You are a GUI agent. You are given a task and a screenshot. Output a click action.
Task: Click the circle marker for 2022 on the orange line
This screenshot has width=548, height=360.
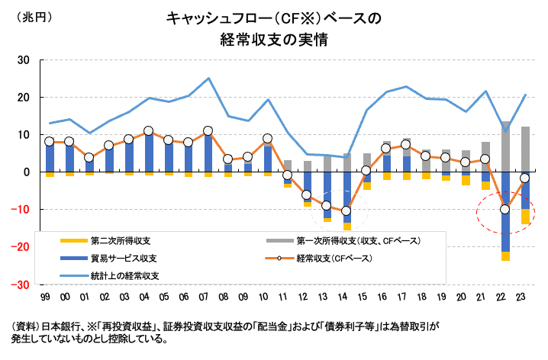(x=504, y=209)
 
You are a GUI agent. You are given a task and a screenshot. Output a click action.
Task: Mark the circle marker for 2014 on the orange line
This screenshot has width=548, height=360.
(x=346, y=211)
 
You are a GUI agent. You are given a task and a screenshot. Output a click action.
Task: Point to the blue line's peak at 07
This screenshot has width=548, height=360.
(x=208, y=79)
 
